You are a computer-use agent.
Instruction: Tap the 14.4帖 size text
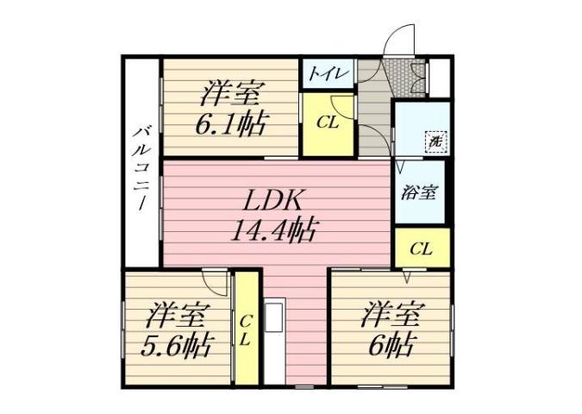click(x=272, y=230)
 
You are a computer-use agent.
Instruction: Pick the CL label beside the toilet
click(x=327, y=122)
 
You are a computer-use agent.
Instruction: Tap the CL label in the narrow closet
click(x=246, y=329)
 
